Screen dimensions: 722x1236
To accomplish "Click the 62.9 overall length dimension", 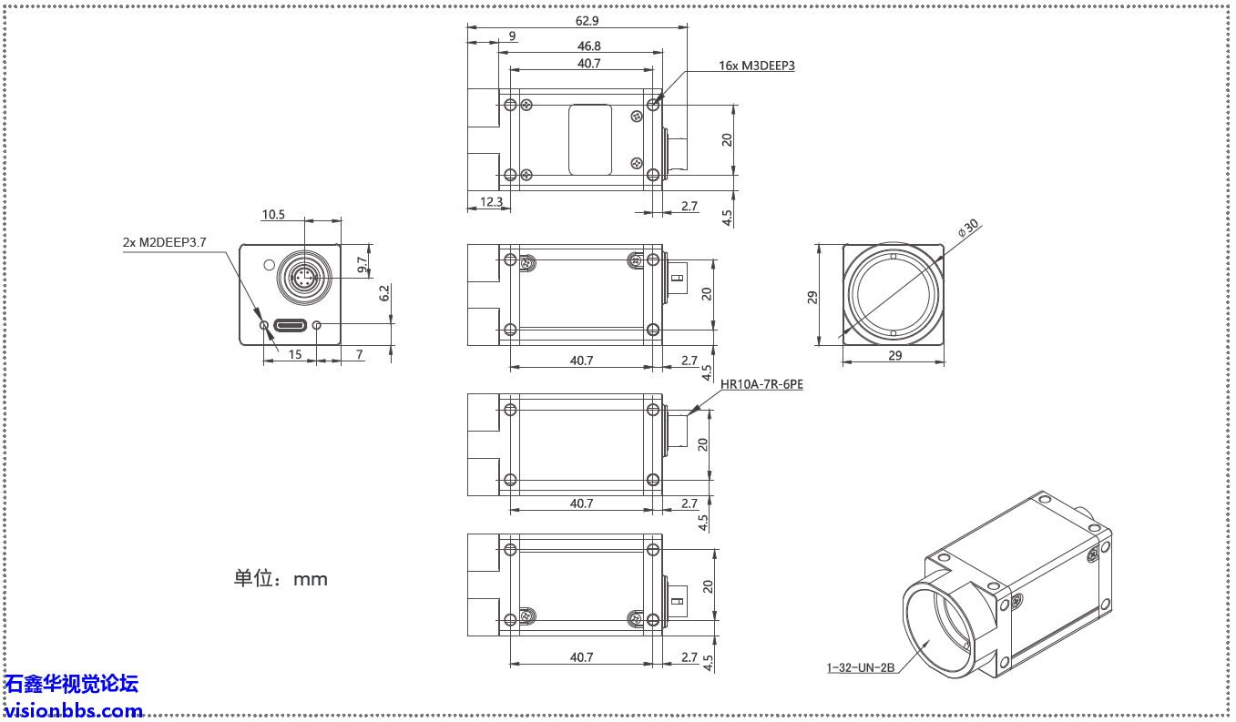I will pyautogui.click(x=587, y=20).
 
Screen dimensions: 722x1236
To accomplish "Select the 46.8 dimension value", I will pyautogui.click(x=588, y=46).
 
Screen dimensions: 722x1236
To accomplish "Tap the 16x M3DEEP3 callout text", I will pyautogui.click(x=756, y=66).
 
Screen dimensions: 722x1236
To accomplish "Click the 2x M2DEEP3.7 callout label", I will pyautogui.click(x=165, y=242).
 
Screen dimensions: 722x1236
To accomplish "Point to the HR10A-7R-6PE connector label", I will pyautogui.click(x=761, y=384).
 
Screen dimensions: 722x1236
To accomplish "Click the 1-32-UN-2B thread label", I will pyautogui.click(x=861, y=667).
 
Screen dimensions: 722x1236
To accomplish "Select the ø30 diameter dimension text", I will pyautogui.click(x=967, y=228).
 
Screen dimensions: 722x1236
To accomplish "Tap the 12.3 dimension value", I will pyautogui.click(x=490, y=202).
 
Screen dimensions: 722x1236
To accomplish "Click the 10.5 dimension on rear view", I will pyautogui.click(x=273, y=215).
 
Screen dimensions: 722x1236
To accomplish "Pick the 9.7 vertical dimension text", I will pyautogui.click(x=363, y=265).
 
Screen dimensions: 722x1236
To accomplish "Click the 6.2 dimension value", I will pyautogui.click(x=384, y=293).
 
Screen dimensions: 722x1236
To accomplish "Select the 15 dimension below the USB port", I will pyautogui.click(x=295, y=354).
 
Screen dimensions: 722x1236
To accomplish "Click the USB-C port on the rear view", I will pyautogui.click(x=290, y=325).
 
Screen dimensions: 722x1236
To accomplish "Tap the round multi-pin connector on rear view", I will pyautogui.click(x=301, y=277).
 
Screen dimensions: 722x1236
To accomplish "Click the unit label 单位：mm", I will pyautogui.click(x=281, y=578).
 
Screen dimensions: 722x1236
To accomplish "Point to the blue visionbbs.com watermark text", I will pyautogui.click(x=74, y=710).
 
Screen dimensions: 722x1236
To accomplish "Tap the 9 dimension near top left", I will pyautogui.click(x=512, y=36).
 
